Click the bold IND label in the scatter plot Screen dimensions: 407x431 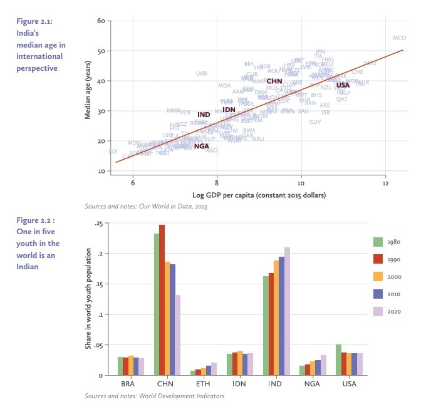click(204, 115)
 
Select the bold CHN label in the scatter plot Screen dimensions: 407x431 click(274, 81)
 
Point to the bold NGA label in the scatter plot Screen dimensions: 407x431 click(201, 146)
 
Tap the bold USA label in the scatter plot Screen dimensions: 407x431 click(343, 85)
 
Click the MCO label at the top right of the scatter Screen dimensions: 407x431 click(399, 38)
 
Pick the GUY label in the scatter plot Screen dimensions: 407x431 click(315, 122)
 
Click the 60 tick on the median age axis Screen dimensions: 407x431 click(100, 21)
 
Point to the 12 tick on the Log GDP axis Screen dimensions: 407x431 click(385, 184)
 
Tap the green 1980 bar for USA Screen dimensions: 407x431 click(339, 359)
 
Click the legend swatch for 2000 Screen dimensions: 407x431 click(378, 276)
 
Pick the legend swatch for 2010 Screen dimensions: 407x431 click(378, 294)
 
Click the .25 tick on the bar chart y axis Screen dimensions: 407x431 click(98, 224)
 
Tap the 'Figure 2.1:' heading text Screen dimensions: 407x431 click(34, 21)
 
